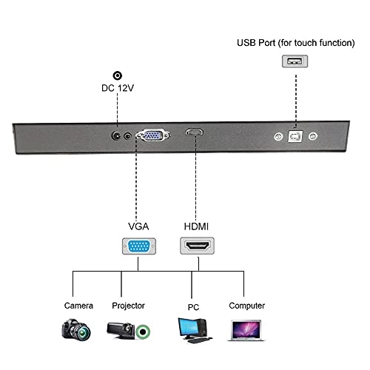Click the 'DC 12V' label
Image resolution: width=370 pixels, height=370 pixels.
(117, 90)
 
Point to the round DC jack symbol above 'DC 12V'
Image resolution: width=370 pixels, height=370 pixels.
(117, 75)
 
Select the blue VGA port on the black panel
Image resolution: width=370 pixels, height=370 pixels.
(153, 135)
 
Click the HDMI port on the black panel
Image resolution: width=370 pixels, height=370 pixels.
(195, 134)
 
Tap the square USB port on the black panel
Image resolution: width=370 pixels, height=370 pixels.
(295, 137)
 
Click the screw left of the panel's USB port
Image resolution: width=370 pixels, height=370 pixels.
(277, 137)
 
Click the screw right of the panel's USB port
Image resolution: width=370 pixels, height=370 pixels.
(312, 137)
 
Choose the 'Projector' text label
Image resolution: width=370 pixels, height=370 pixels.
(127, 305)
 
